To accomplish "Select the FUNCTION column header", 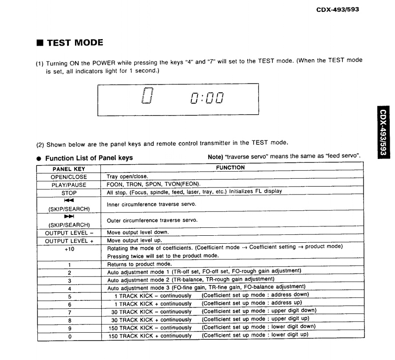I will point(233,168).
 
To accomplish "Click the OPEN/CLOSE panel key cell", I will point(68,177).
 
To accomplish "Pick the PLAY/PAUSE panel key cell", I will point(68,185).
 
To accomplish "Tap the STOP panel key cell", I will point(68,193).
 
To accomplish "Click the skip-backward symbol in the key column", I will point(68,200).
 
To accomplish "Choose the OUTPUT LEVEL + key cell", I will point(68,241).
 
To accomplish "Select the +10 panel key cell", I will point(68,248).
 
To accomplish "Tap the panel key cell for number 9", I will point(68,328).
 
